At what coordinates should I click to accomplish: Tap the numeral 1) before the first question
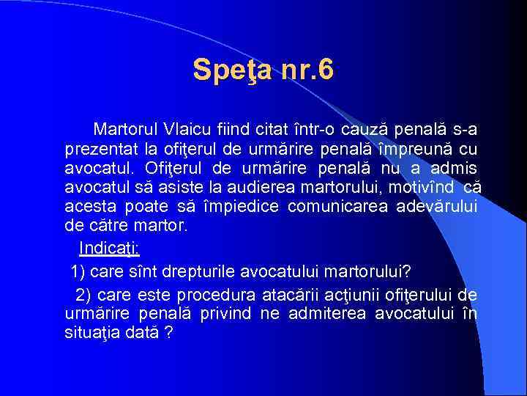click(x=78, y=273)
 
